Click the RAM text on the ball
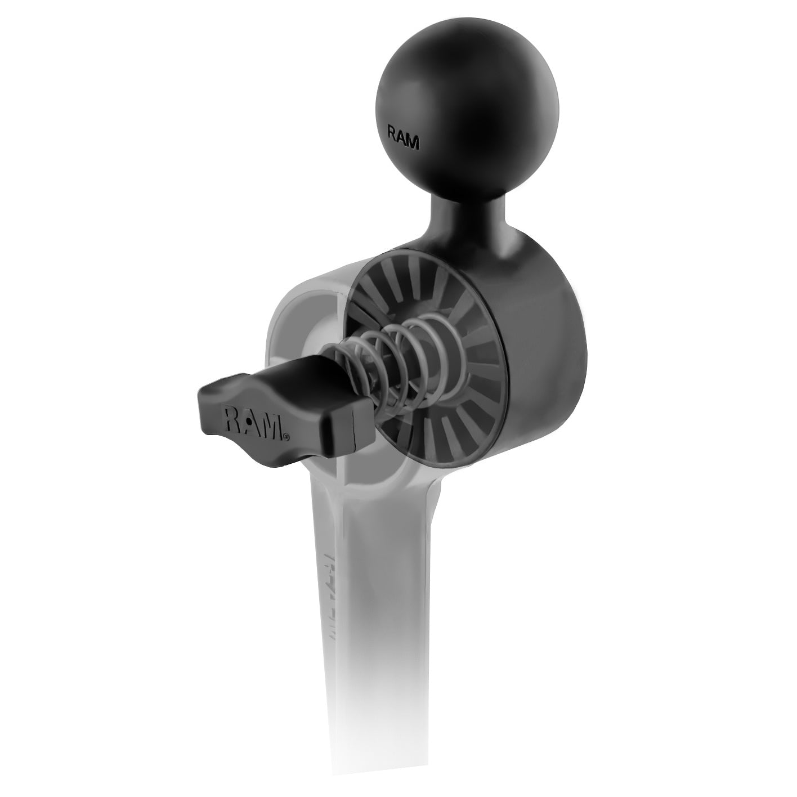tap(404, 138)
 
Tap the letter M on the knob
tap(271, 427)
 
